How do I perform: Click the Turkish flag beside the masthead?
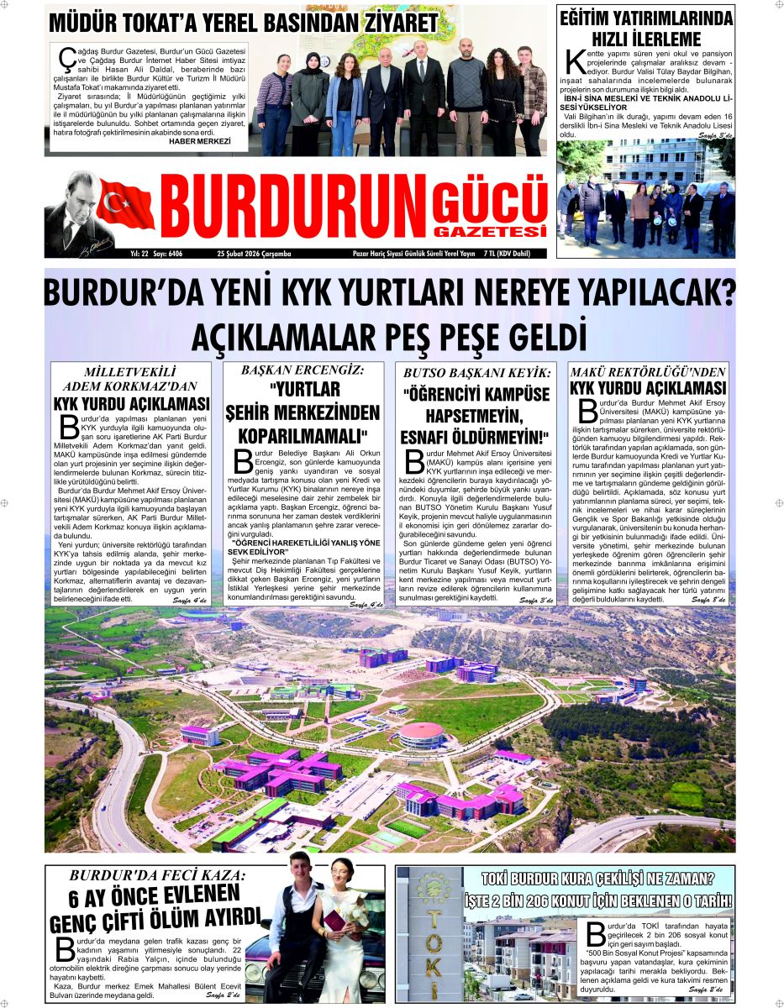pos(126,205)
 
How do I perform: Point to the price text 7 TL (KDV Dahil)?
pos(514,253)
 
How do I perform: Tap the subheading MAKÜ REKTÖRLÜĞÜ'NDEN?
pos(647,371)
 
